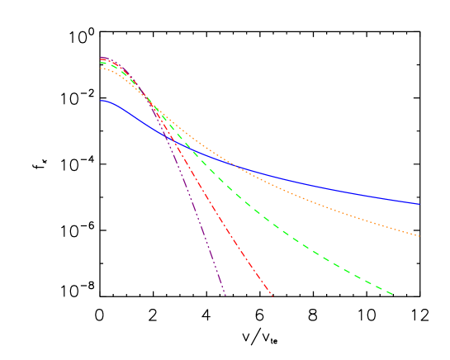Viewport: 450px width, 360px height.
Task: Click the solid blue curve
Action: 330,187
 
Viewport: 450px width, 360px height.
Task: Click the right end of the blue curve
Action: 419,204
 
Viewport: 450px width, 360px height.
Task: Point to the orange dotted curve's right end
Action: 419,236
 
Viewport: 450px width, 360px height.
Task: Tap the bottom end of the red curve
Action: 272,296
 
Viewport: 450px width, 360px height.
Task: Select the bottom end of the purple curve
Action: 225,295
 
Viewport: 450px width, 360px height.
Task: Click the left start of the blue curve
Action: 101,101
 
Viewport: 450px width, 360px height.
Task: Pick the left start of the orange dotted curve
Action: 101,68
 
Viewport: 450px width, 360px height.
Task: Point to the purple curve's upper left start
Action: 101,57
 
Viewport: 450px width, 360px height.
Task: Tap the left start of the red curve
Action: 101,59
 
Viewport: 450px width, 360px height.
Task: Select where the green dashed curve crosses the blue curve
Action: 192,149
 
